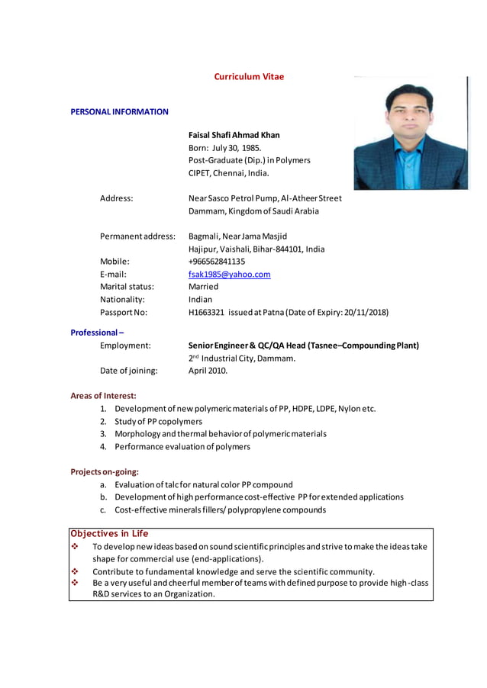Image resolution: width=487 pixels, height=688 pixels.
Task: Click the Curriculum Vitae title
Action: tap(249, 77)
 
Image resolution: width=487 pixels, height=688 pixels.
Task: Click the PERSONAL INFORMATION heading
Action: tap(119, 112)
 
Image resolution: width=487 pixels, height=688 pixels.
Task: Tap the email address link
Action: tap(229, 275)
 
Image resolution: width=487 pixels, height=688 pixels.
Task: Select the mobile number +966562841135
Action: tap(217, 262)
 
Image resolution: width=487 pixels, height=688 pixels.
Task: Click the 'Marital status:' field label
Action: tap(127, 287)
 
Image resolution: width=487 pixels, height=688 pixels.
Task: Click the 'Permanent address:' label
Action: tap(137, 236)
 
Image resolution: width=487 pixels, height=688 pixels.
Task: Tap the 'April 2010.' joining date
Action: tap(208, 371)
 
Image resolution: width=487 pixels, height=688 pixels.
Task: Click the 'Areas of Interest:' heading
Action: tap(103, 396)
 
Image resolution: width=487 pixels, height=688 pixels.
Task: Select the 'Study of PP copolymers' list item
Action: tap(158, 422)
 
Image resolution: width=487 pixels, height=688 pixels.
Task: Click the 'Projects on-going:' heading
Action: tap(105, 472)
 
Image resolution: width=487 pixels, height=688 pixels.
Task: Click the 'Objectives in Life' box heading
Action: tap(109, 534)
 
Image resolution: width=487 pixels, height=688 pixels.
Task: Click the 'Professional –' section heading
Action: tap(97, 333)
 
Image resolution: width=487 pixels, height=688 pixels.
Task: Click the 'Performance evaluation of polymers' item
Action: tap(182, 447)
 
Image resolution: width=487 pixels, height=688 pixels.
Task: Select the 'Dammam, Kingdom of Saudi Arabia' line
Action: tap(253, 211)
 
